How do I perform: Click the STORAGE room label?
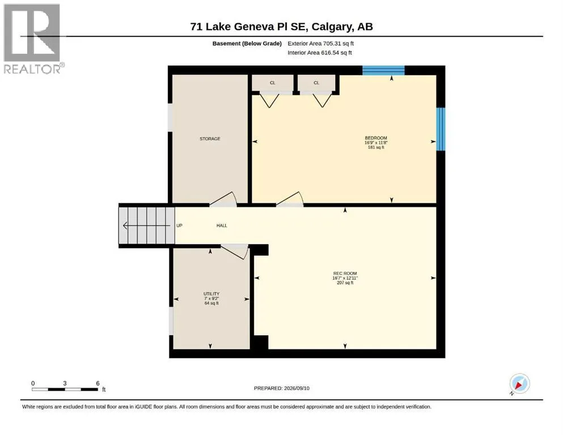pyautogui.click(x=210, y=139)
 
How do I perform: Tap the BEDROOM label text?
pyautogui.click(x=376, y=138)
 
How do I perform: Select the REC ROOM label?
pyautogui.click(x=345, y=273)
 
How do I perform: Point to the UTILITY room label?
pyautogui.click(x=211, y=294)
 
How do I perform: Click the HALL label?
pyautogui.click(x=222, y=225)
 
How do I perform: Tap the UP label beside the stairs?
pyautogui.click(x=180, y=225)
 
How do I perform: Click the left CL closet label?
pyautogui.click(x=273, y=83)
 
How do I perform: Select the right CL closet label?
pyautogui.click(x=316, y=83)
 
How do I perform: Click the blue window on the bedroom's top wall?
pyautogui.click(x=383, y=70)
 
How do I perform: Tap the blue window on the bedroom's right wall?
pyautogui.click(x=441, y=129)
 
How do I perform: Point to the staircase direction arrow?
pyautogui.click(x=146, y=225)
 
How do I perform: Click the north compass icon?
pyautogui.click(x=519, y=383)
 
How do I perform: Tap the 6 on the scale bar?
pyautogui.click(x=98, y=383)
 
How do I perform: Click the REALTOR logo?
pyautogui.click(x=33, y=39)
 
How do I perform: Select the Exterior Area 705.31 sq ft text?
pyautogui.click(x=321, y=44)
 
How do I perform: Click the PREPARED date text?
pyautogui.click(x=281, y=388)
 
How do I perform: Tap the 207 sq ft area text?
pyautogui.click(x=345, y=283)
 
